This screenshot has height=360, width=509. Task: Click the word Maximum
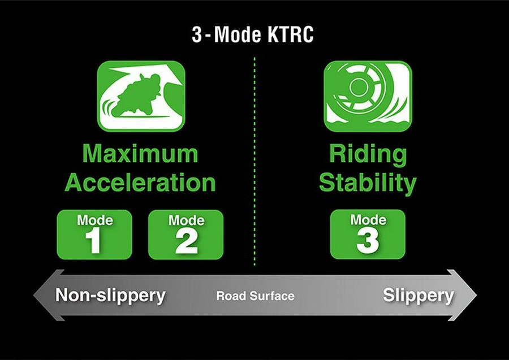(140, 154)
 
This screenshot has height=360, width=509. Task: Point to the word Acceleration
(140, 183)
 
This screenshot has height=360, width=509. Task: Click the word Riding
(368, 154)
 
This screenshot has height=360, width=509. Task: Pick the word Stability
(368, 183)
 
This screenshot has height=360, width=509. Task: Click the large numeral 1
(94, 241)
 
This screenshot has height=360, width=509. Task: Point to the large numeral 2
(186, 241)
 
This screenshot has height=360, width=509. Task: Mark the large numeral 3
(368, 241)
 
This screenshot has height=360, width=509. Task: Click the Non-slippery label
(110, 296)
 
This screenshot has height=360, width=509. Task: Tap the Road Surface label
(255, 296)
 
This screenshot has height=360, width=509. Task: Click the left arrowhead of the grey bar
(41, 296)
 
